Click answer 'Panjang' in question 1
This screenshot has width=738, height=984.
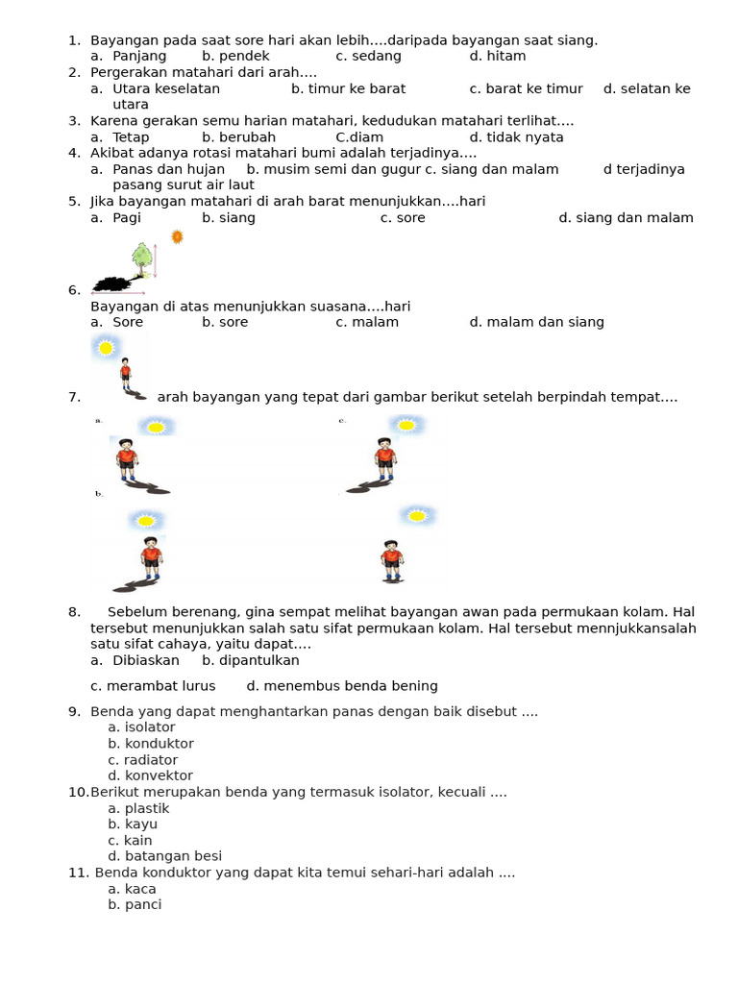139,56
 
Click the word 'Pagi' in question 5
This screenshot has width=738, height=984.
127,218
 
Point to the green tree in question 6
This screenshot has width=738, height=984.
142,256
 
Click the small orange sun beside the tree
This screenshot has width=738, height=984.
177,236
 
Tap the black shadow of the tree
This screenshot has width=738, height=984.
115,283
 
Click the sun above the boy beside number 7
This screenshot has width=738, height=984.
106,348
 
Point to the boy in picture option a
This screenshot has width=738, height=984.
127,458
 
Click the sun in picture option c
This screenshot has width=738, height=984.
406,425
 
